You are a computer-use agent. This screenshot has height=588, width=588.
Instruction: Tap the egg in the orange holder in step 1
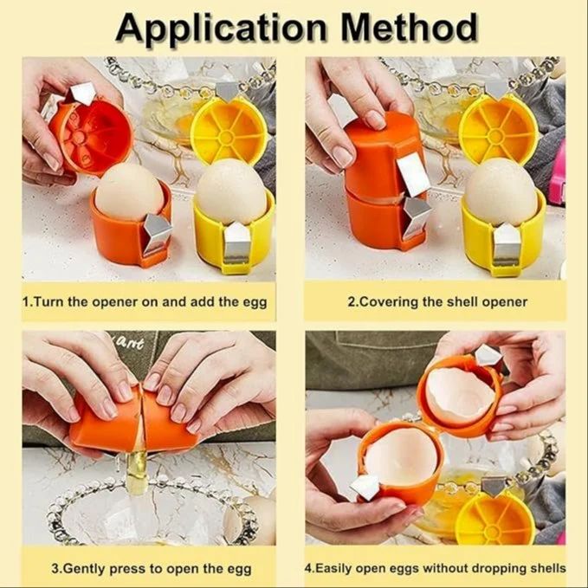click(x=129, y=192)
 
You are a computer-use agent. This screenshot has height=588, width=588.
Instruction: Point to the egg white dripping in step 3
click(x=139, y=468)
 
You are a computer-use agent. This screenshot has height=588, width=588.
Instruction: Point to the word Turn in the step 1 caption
click(x=49, y=302)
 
